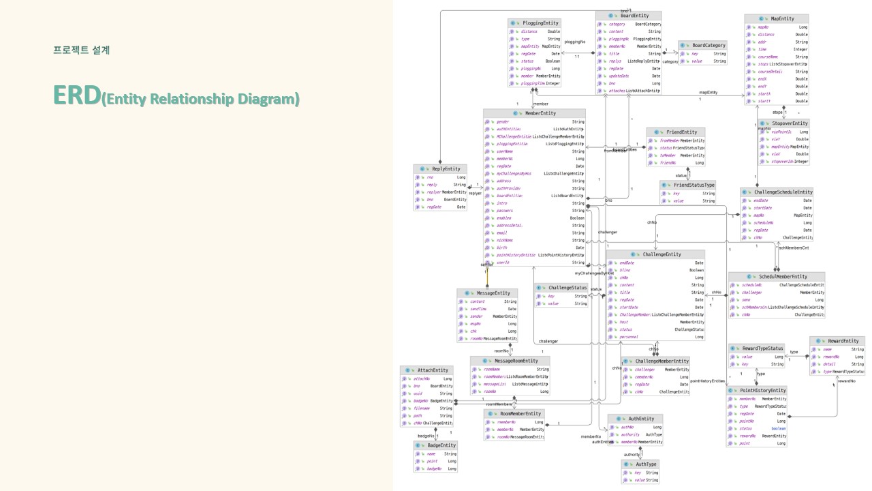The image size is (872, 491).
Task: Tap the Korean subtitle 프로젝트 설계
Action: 82,50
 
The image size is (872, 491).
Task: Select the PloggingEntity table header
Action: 541,23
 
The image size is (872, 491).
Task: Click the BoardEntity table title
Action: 630,15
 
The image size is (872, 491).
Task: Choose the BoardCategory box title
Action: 708,45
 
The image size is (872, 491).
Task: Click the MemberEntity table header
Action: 540,113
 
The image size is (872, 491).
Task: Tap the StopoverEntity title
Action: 789,123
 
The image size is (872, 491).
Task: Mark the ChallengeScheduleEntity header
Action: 781,192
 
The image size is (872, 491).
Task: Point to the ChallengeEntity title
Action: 661,254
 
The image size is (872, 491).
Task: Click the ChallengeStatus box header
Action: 567,288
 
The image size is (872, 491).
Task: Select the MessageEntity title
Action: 493,293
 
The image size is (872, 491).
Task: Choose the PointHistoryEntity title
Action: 763,390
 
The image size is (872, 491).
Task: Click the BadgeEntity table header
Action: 441,445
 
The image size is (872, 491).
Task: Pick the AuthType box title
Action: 645,464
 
